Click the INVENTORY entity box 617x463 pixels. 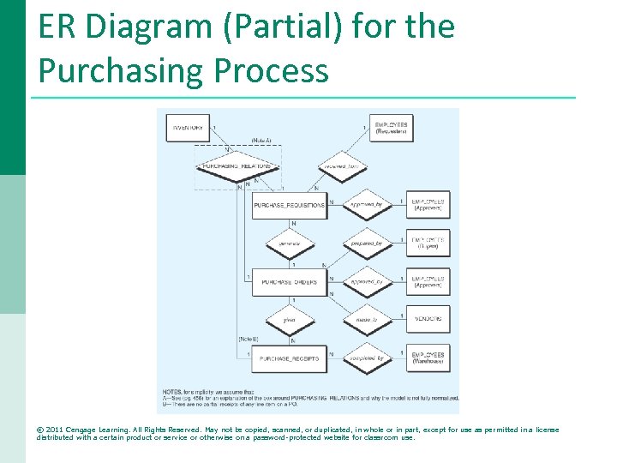tap(188, 128)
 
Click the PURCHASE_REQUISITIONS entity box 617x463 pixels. tap(289, 205)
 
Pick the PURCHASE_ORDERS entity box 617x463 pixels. tap(289, 281)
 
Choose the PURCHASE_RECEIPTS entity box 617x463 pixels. tap(289, 358)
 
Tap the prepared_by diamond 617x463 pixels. tap(366, 244)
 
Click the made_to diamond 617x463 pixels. tap(366, 320)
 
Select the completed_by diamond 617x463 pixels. tap(366, 358)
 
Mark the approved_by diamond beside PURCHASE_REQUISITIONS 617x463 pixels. tap(366, 205)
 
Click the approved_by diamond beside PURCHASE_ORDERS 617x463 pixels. tap(366, 281)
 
